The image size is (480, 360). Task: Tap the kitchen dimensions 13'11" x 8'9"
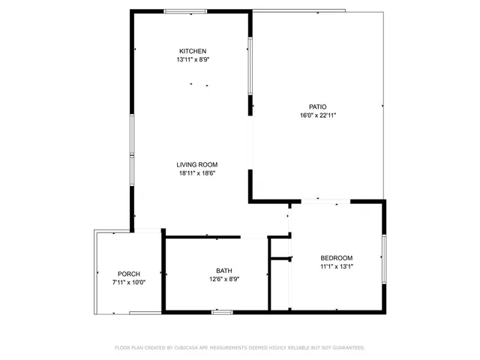point(192,59)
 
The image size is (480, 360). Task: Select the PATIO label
point(318,106)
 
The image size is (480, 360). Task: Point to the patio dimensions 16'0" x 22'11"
point(318,115)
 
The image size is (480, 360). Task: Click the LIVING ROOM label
point(196,165)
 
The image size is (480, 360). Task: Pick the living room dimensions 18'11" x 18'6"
point(196,173)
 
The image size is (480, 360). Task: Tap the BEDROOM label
point(336,258)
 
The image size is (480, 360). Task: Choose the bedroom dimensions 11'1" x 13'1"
point(336,266)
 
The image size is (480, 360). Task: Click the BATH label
point(224,271)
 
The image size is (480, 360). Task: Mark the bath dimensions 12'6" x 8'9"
point(224,280)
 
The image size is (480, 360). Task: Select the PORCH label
point(129,274)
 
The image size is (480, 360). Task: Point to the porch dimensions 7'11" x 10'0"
point(129,283)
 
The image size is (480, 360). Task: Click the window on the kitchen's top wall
point(186,11)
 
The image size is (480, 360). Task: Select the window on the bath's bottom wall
point(222,311)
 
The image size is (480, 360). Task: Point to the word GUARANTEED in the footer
point(346,348)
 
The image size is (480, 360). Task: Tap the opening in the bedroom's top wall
point(325,201)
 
